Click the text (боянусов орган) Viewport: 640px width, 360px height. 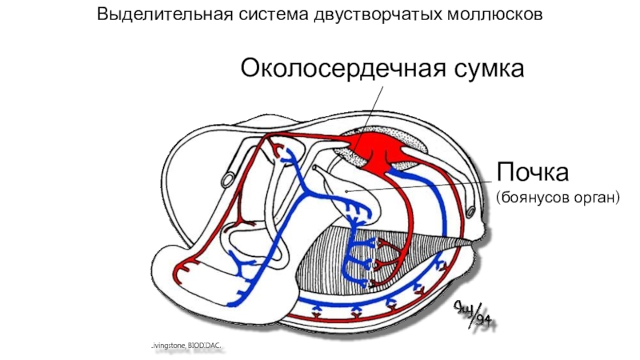[558, 195]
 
